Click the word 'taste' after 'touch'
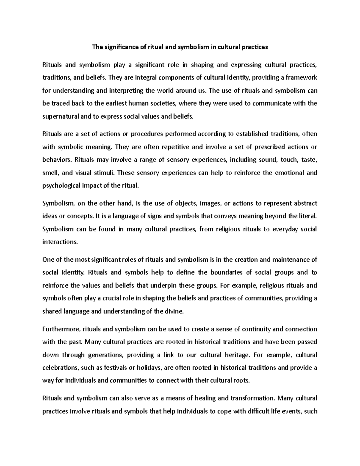(x=308, y=160)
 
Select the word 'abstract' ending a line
(x=305, y=203)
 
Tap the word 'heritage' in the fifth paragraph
(x=237, y=355)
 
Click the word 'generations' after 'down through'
(x=105, y=355)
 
